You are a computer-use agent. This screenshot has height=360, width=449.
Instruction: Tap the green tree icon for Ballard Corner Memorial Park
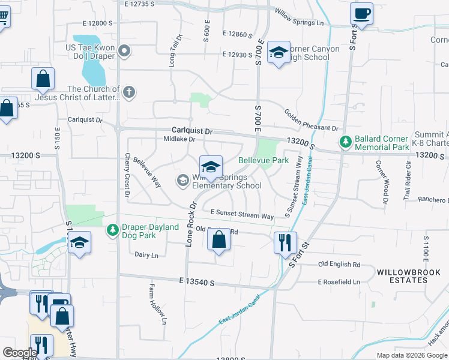point(346,142)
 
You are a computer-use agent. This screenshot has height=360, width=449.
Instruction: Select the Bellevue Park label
point(264,160)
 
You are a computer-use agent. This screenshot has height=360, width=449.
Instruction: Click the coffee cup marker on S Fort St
point(361,14)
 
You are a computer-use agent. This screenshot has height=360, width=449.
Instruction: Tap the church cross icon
point(129,92)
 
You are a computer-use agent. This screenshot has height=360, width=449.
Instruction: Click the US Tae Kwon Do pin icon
point(124,50)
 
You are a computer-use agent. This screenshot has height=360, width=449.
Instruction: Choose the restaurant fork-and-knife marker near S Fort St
point(285,242)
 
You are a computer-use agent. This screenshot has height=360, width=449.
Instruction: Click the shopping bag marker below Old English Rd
point(219,240)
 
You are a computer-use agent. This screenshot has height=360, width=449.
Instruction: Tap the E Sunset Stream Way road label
point(242,214)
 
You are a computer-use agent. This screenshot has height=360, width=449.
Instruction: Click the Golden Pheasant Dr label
point(311,121)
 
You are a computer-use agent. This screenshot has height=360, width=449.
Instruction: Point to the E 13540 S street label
point(196,281)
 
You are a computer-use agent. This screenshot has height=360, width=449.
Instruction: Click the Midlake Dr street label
point(179,139)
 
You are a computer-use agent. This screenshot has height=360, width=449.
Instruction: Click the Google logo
point(20,353)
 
